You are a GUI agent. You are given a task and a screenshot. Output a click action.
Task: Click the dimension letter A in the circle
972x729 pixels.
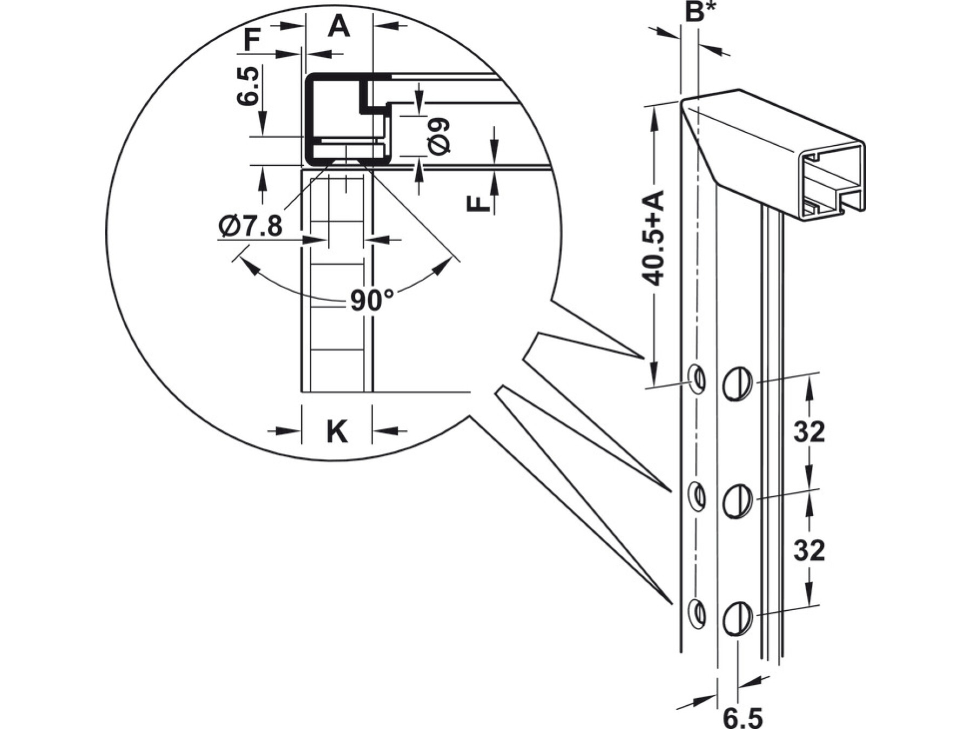click(x=339, y=26)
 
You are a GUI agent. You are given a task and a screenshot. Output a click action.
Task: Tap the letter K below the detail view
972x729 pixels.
click(x=337, y=431)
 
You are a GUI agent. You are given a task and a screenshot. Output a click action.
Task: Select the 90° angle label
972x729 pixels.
click(x=372, y=300)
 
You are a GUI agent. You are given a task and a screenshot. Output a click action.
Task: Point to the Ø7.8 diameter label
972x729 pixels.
click(x=251, y=226)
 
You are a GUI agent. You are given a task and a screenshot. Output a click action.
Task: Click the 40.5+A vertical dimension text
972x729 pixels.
click(x=652, y=238)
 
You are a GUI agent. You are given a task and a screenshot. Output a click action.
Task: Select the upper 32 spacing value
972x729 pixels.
click(x=809, y=432)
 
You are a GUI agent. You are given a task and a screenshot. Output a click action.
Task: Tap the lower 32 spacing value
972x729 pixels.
click(x=809, y=551)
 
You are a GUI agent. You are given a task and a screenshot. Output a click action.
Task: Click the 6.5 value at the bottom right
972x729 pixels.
click(x=742, y=719)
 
